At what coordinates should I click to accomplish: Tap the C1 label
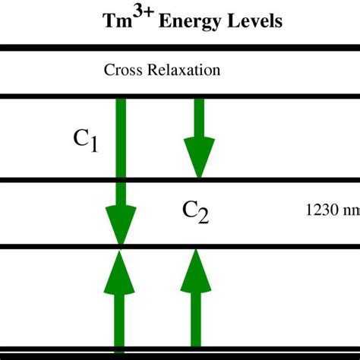click(85, 140)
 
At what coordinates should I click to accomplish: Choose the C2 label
click(195, 212)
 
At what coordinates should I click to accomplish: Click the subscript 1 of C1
click(93, 144)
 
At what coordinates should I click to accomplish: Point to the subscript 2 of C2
click(203, 217)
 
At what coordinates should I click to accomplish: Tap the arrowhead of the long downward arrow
click(120, 227)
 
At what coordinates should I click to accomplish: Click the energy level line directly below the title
click(180, 48)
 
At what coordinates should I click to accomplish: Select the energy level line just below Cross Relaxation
click(180, 96)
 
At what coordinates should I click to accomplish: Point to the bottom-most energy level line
click(180, 350)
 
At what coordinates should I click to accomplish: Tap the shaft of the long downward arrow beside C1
click(120, 152)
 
